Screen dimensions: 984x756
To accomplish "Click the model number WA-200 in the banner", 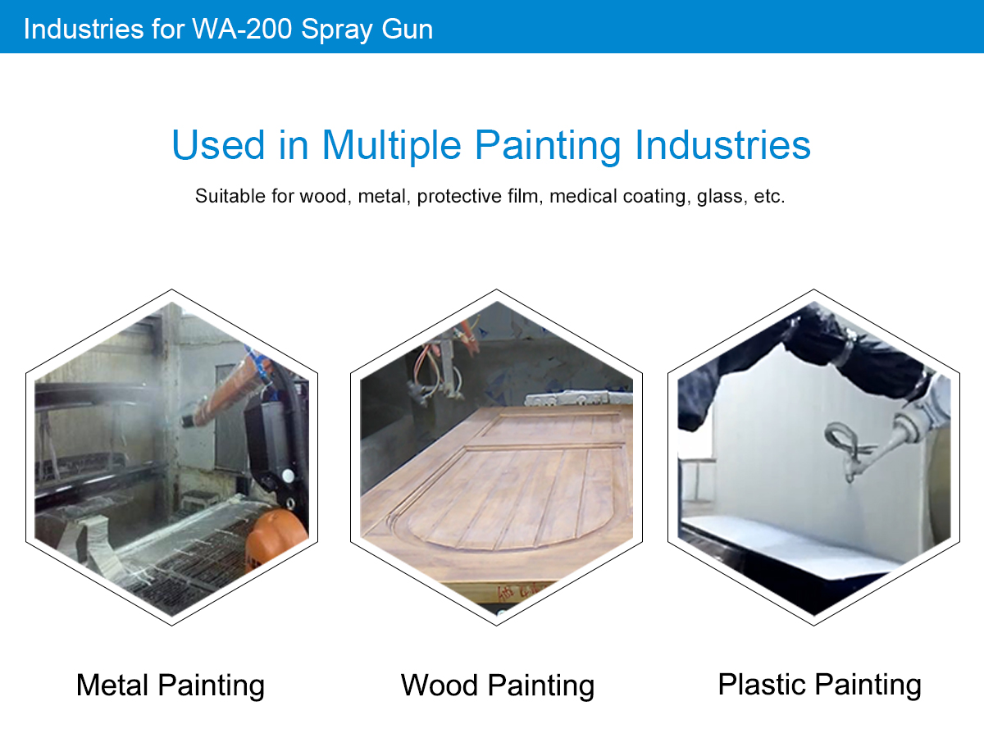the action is tap(242, 29).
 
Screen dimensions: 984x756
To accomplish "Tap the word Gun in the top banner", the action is tap(407, 29).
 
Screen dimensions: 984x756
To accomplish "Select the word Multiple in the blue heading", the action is tap(391, 146).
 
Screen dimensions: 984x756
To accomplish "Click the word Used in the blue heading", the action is tap(218, 145).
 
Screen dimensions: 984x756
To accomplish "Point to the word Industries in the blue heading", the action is tap(722, 145).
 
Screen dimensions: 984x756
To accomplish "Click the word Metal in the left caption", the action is tap(112, 685).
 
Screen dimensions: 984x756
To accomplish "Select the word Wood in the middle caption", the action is tap(439, 685).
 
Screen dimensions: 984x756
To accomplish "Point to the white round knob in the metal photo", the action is tap(288, 476).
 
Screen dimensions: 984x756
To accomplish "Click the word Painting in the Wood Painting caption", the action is tap(541, 686).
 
